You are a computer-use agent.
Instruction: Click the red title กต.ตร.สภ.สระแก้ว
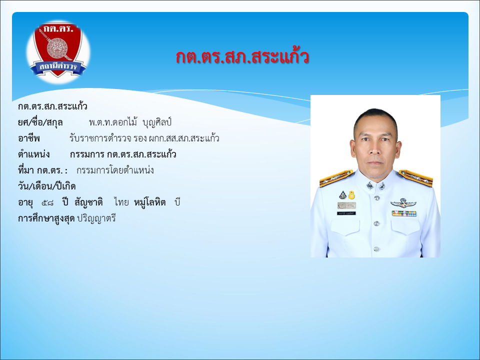242,57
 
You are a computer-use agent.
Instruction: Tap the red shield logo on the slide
58,50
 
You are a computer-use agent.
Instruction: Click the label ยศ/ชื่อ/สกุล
40,122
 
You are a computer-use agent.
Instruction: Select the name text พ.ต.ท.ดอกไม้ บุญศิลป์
130,122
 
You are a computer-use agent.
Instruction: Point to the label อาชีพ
29,138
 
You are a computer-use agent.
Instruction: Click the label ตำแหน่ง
33,154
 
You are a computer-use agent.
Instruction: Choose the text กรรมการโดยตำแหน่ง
115,170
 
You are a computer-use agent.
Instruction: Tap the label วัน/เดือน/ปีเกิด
46,186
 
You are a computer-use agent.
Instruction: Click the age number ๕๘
47,202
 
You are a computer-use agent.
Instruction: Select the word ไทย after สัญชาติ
121,202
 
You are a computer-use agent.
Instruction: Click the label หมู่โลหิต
149,202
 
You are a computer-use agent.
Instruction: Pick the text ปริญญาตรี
96,218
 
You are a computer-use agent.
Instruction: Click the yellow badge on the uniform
351,194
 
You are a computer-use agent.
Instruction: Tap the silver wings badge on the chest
403,203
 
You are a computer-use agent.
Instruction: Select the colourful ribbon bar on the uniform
404,213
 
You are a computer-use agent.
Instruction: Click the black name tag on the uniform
346,213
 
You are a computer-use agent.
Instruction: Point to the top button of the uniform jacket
377,198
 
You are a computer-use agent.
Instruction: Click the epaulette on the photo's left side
336,178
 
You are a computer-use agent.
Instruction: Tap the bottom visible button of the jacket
377,249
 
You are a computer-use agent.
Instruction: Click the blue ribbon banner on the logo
58,67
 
